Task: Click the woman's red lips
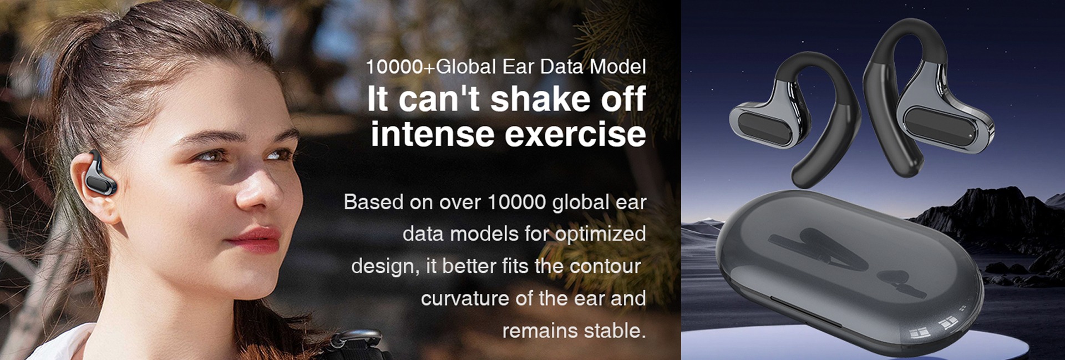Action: [x=256, y=239]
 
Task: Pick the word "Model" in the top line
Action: [x=617, y=67]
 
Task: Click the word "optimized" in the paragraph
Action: [x=600, y=235]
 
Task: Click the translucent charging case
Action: [x=849, y=272]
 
